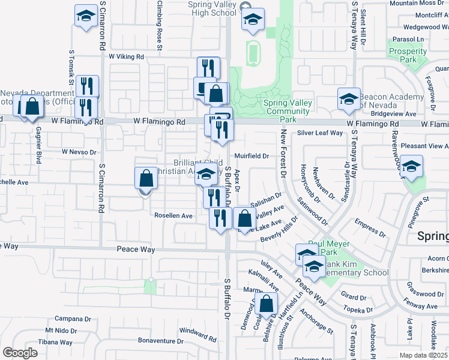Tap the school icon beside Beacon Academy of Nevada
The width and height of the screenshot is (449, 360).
click(x=349, y=100)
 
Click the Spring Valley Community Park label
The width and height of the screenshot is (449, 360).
click(x=288, y=107)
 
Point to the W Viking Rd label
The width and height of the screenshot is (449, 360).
click(x=127, y=56)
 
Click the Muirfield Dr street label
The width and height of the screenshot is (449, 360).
click(x=252, y=155)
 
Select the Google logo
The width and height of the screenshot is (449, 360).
click(x=20, y=352)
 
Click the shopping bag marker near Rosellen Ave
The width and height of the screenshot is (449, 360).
click(x=146, y=179)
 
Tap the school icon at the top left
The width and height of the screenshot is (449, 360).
click(x=86, y=17)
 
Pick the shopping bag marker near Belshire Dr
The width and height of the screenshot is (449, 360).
click(x=266, y=304)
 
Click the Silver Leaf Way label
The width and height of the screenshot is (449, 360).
click(x=319, y=133)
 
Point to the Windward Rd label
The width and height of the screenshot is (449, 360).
click(x=197, y=331)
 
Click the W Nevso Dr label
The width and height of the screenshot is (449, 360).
click(x=79, y=152)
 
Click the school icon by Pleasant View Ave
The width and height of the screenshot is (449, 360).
click(x=412, y=167)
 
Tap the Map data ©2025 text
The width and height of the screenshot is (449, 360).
click(x=423, y=354)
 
